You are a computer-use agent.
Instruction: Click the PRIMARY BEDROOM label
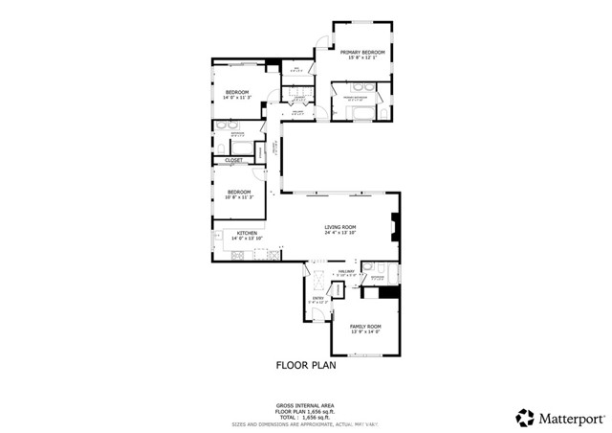(362, 52)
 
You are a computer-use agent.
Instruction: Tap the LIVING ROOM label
(339, 226)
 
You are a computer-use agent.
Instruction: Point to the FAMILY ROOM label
(366, 327)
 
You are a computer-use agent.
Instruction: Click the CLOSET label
(234, 160)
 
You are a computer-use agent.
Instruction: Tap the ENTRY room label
(317, 298)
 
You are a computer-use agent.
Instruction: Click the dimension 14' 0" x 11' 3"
(236, 98)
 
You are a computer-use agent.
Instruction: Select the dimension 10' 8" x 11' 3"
(239, 197)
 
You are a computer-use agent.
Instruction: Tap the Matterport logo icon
(525, 417)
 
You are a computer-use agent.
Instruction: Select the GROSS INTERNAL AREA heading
(305, 405)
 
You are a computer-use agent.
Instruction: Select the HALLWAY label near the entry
(345, 271)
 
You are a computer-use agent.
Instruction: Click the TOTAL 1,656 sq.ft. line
(305, 417)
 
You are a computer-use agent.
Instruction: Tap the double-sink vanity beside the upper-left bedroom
(230, 125)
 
